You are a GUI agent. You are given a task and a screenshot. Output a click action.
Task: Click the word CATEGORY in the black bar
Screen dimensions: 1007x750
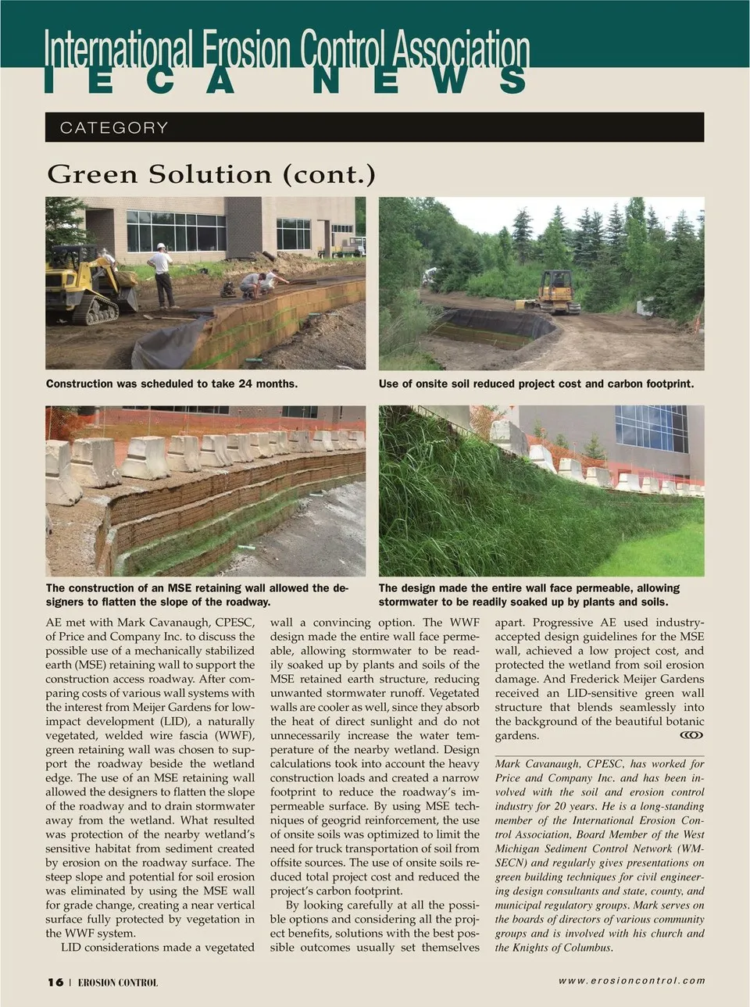tap(114, 127)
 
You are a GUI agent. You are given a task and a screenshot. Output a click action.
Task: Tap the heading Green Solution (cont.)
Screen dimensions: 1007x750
tap(211, 173)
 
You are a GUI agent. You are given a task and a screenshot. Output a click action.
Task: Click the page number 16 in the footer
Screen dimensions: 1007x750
tap(55, 982)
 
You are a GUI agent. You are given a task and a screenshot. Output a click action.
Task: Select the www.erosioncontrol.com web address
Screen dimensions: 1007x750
tap(631, 980)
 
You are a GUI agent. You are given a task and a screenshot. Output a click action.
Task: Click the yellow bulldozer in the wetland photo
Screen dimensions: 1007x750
tap(557, 291)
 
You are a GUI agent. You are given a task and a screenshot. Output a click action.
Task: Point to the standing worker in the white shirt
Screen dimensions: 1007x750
tap(162, 274)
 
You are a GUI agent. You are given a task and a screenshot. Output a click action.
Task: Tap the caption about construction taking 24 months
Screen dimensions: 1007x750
tap(172, 384)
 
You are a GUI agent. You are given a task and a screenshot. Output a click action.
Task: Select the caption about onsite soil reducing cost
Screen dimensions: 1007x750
tap(536, 384)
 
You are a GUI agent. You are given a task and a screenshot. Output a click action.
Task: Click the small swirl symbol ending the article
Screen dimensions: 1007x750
tap(691, 735)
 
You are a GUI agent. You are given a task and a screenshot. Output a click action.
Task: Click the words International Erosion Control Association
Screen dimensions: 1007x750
tap(287, 48)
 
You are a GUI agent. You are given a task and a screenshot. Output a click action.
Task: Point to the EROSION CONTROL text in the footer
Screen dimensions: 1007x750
tap(117, 983)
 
